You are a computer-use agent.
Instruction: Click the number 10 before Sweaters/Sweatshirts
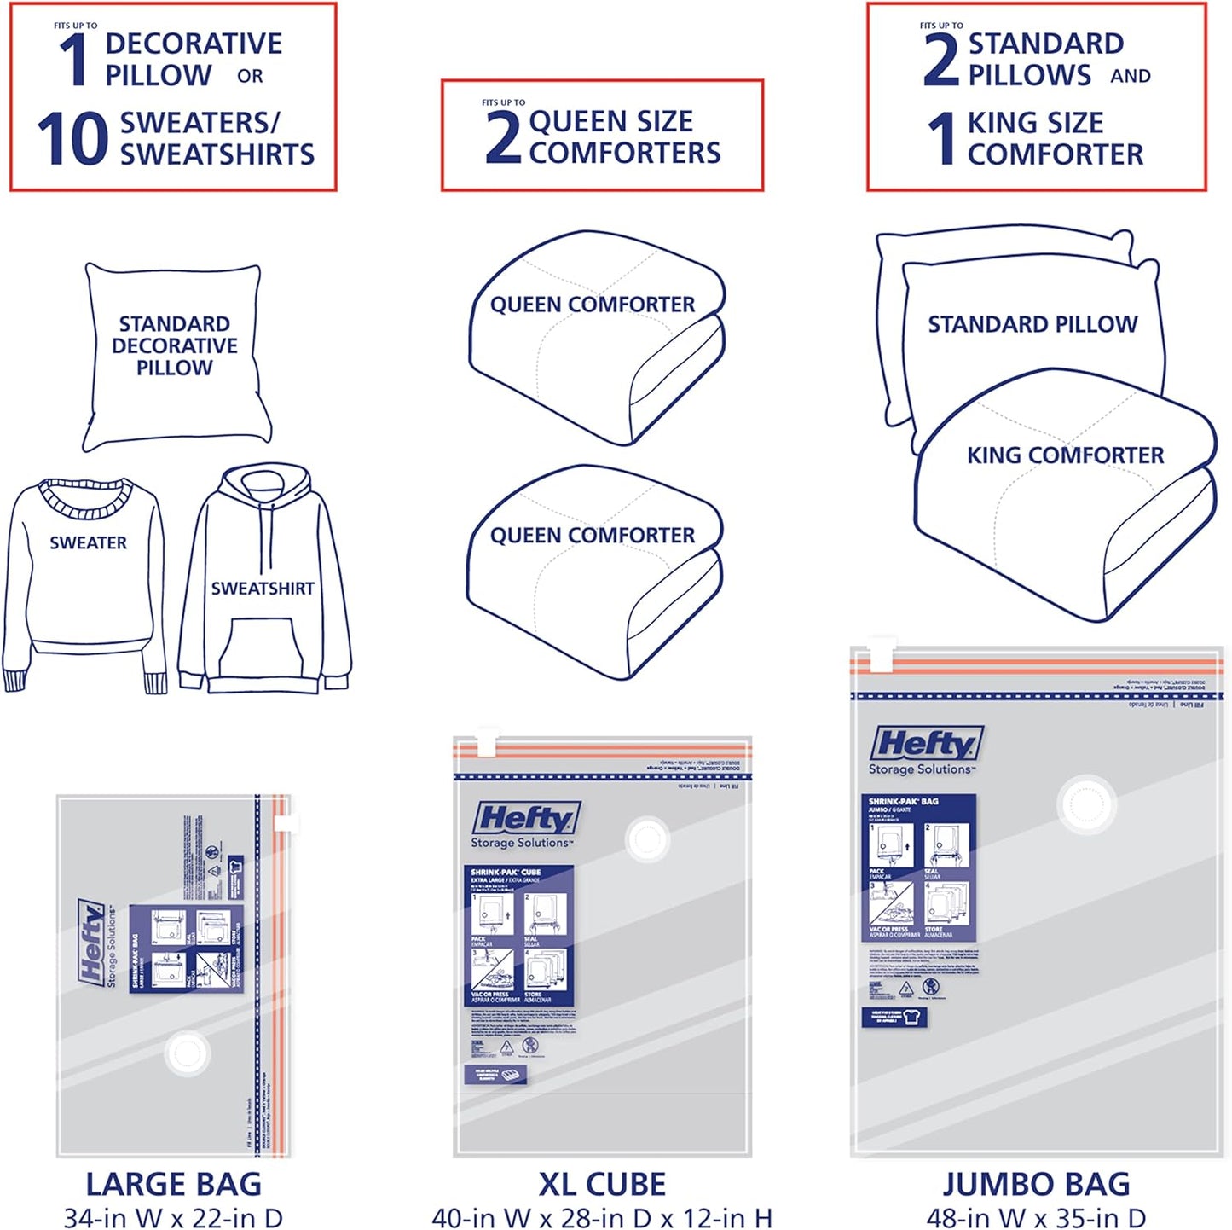tap(72, 138)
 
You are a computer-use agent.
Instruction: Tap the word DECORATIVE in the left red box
tap(194, 44)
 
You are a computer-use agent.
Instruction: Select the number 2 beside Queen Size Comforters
tap(503, 136)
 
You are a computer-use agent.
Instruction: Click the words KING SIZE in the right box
tap(1035, 123)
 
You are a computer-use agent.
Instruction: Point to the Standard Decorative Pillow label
tap(175, 345)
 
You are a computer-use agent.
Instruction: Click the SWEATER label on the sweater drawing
tap(88, 543)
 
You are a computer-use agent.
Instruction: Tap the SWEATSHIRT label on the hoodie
tap(263, 589)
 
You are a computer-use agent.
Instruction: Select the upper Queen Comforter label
tap(592, 305)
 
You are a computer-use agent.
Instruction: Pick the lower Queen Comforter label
tap(592, 536)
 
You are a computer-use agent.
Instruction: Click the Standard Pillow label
tap(1032, 324)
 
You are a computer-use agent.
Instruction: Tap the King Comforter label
tap(1065, 455)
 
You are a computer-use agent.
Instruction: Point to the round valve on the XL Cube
tap(647, 839)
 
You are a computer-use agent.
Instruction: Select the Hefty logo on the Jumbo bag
tap(927, 743)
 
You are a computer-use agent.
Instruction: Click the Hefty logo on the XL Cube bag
tap(527, 818)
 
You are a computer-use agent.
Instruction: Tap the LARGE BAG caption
tap(173, 1184)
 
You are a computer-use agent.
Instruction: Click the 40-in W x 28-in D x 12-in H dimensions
tap(601, 1217)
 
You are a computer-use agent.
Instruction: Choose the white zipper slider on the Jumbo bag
tap(881, 654)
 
